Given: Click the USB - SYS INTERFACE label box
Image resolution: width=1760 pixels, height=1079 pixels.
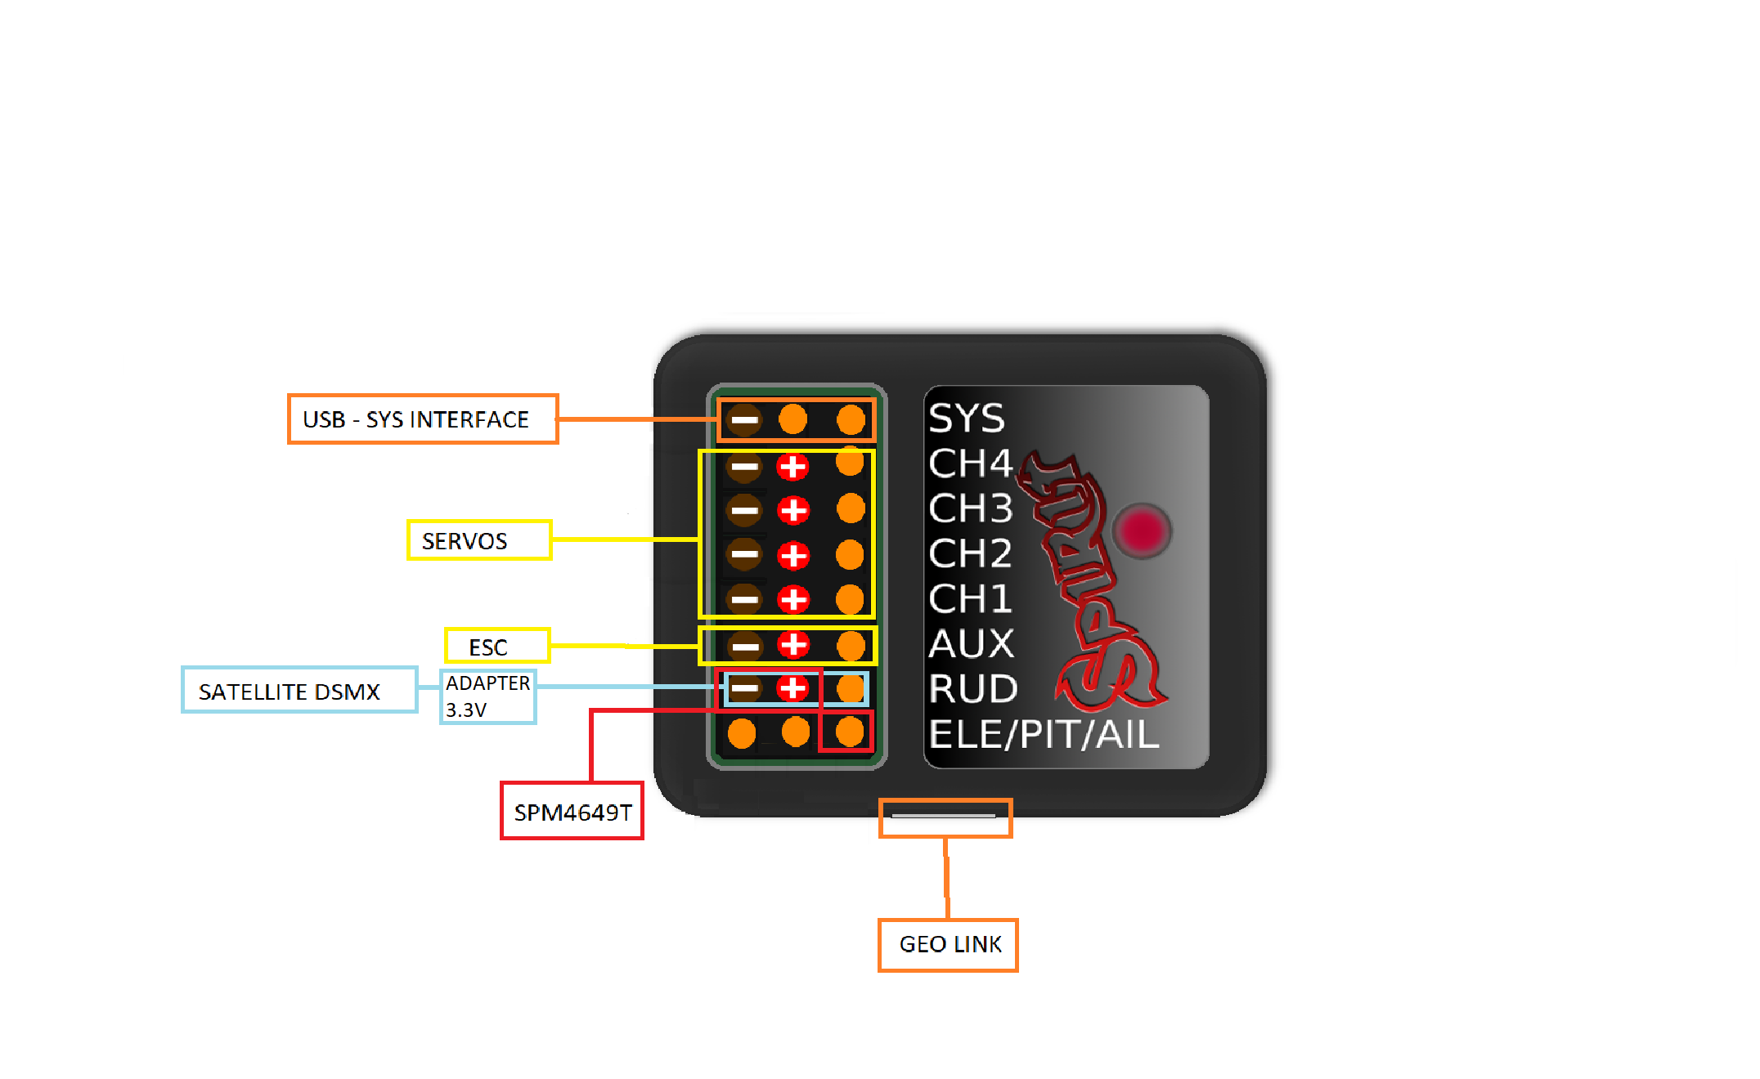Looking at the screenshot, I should tap(423, 419).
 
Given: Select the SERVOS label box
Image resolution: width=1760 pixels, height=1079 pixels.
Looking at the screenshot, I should tap(479, 540).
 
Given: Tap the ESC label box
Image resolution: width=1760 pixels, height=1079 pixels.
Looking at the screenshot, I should tap(497, 647).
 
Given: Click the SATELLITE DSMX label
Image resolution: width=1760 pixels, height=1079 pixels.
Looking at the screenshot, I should tap(299, 691).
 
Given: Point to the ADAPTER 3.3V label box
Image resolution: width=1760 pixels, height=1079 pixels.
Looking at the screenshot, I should tap(487, 696).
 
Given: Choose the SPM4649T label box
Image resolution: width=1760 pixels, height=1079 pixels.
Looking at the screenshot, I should tap(572, 812).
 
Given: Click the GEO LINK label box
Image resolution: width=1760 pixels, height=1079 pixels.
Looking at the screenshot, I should tap(948, 945).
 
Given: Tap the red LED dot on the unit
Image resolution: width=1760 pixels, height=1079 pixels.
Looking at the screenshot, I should tap(1142, 530).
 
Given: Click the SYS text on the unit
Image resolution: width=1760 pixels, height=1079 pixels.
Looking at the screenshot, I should tap(967, 419).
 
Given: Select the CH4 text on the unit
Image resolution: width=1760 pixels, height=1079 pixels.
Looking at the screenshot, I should tap(971, 463).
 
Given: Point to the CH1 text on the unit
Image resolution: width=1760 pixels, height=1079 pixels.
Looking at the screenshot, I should tap(971, 599).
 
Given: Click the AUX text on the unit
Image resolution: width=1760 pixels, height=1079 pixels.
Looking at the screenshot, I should tap(972, 644).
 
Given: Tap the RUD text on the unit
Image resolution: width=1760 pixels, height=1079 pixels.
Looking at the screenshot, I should tap(973, 689).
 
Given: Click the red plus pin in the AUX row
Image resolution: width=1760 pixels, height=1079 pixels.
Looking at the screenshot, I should tap(793, 645).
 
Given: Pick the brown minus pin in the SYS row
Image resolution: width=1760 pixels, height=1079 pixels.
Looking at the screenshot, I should tap(744, 420).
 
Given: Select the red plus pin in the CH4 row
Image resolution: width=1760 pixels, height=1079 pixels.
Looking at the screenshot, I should tap(792, 468).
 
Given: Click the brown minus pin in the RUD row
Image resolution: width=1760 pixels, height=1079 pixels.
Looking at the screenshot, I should tap(744, 688).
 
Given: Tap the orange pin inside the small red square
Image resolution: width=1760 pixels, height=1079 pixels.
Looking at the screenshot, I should tap(850, 732).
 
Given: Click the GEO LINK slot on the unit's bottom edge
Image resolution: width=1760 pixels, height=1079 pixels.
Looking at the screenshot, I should tap(944, 816).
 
